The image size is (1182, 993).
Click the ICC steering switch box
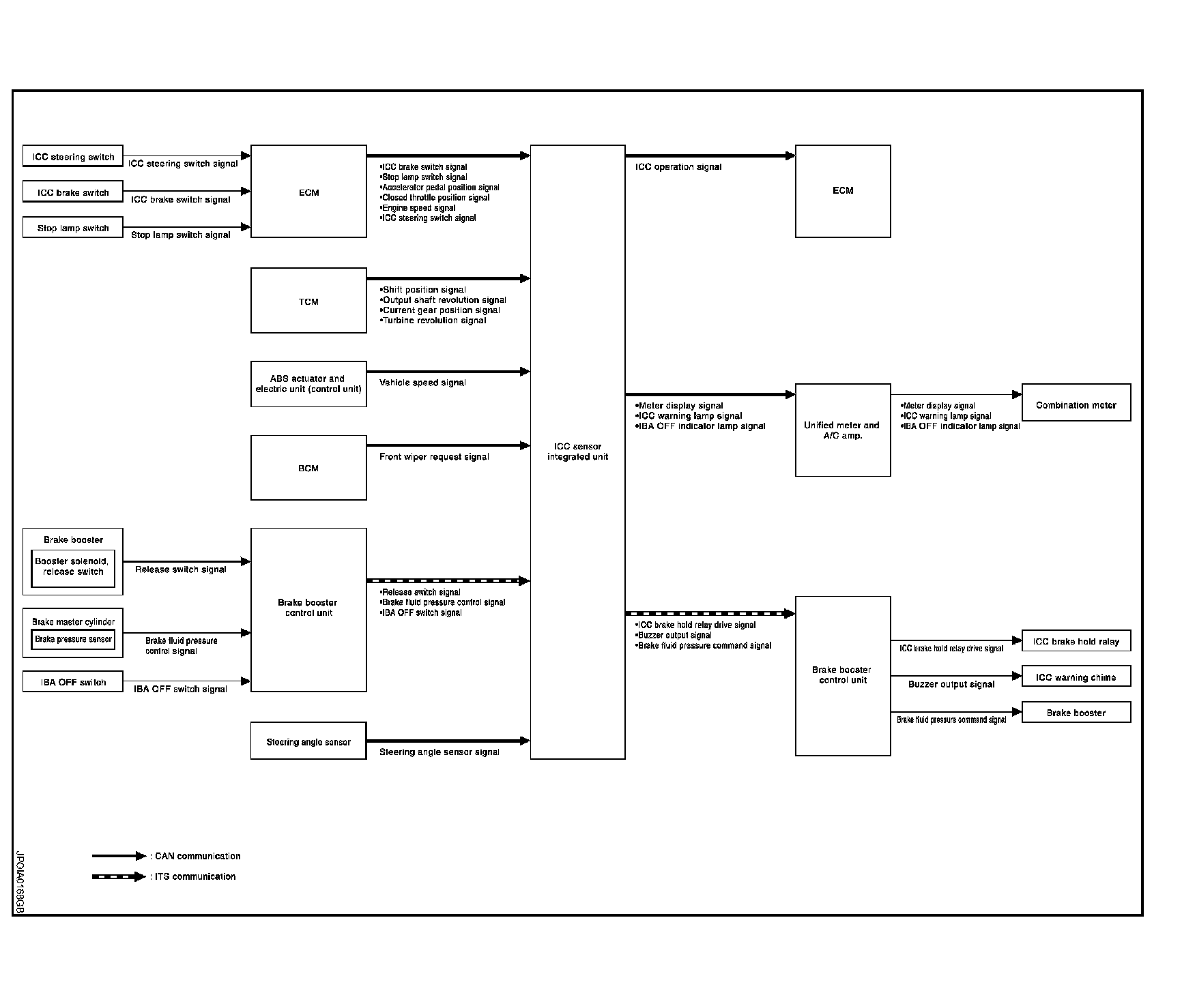coord(73,156)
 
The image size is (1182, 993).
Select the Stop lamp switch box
coord(73,228)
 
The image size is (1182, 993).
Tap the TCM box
coord(308,301)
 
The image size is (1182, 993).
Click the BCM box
coord(308,468)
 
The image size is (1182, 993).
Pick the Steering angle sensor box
coord(308,741)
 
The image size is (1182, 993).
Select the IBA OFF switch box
coord(73,682)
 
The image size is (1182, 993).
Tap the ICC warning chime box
coord(1076,677)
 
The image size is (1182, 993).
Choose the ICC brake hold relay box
coord(1076,641)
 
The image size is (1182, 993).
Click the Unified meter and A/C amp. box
coord(842,430)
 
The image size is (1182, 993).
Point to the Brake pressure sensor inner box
coord(73,639)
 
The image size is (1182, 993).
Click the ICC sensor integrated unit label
coord(577,451)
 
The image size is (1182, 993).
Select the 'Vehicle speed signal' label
coord(422,383)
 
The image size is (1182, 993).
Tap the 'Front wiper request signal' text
coord(434,457)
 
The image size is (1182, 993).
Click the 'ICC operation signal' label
coord(678,167)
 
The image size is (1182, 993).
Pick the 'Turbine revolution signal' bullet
coord(433,321)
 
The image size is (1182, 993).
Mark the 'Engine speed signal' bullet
coord(418,208)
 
